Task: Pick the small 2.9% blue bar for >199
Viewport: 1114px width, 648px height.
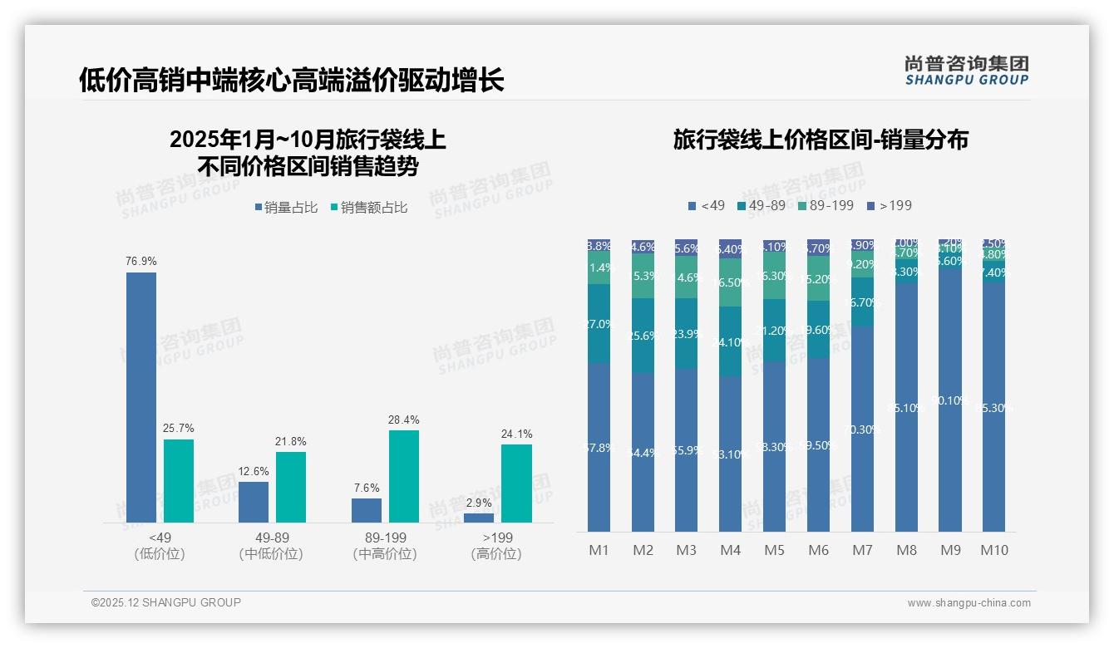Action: (x=479, y=518)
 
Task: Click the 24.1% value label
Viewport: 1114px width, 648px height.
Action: (x=517, y=434)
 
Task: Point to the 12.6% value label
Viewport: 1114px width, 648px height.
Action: (x=254, y=471)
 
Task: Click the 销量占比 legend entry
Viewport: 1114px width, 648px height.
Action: (x=287, y=208)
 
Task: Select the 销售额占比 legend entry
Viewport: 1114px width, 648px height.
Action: (x=369, y=208)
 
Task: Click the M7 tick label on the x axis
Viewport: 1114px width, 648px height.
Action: (x=862, y=550)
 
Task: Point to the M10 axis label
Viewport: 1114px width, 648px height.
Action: (x=994, y=550)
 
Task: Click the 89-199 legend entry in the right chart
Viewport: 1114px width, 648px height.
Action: (x=825, y=205)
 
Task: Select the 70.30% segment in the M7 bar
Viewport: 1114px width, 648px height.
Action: (x=862, y=429)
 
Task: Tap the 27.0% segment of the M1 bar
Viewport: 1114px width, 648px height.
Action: (x=599, y=324)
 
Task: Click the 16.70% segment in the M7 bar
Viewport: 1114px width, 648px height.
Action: (x=862, y=302)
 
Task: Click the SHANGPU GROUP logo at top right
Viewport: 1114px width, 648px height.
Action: (x=966, y=70)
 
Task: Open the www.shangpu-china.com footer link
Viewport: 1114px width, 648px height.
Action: (x=969, y=603)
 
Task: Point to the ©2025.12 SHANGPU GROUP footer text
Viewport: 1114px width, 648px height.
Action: (x=166, y=602)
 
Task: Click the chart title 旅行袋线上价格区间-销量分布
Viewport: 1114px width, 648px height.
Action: (x=821, y=140)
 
